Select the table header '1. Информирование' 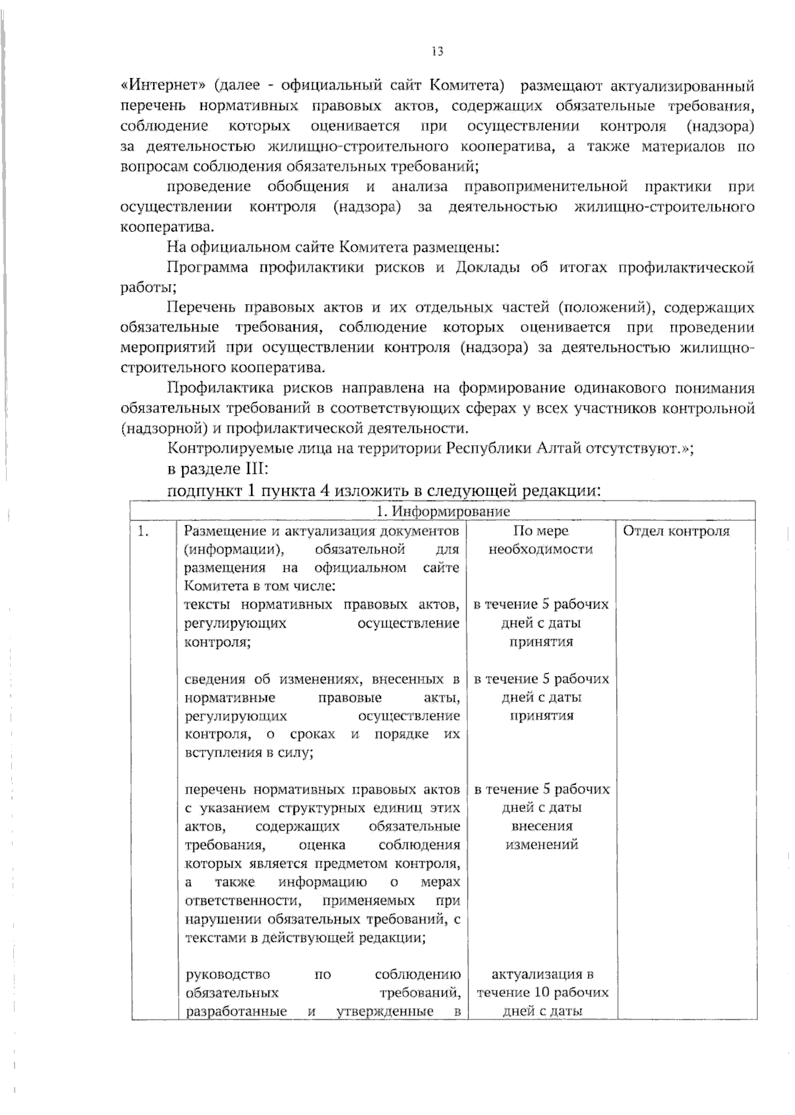(x=443, y=511)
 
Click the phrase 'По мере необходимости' (x=541, y=540)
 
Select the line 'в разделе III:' (x=217, y=469)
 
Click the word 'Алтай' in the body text (x=558, y=448)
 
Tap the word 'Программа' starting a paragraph (x=207, y=268)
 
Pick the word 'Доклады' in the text (x=488, y=268)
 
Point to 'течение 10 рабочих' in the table (x=542, y=993)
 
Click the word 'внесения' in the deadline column (x=542, y=826)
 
